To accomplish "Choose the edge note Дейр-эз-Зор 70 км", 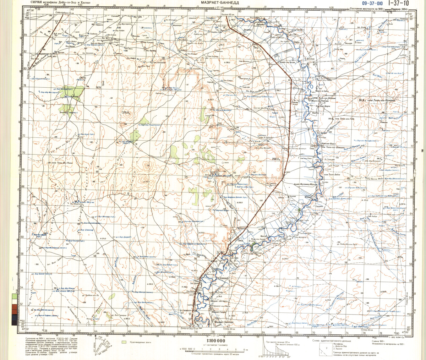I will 189,328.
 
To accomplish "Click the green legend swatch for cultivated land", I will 124,342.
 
